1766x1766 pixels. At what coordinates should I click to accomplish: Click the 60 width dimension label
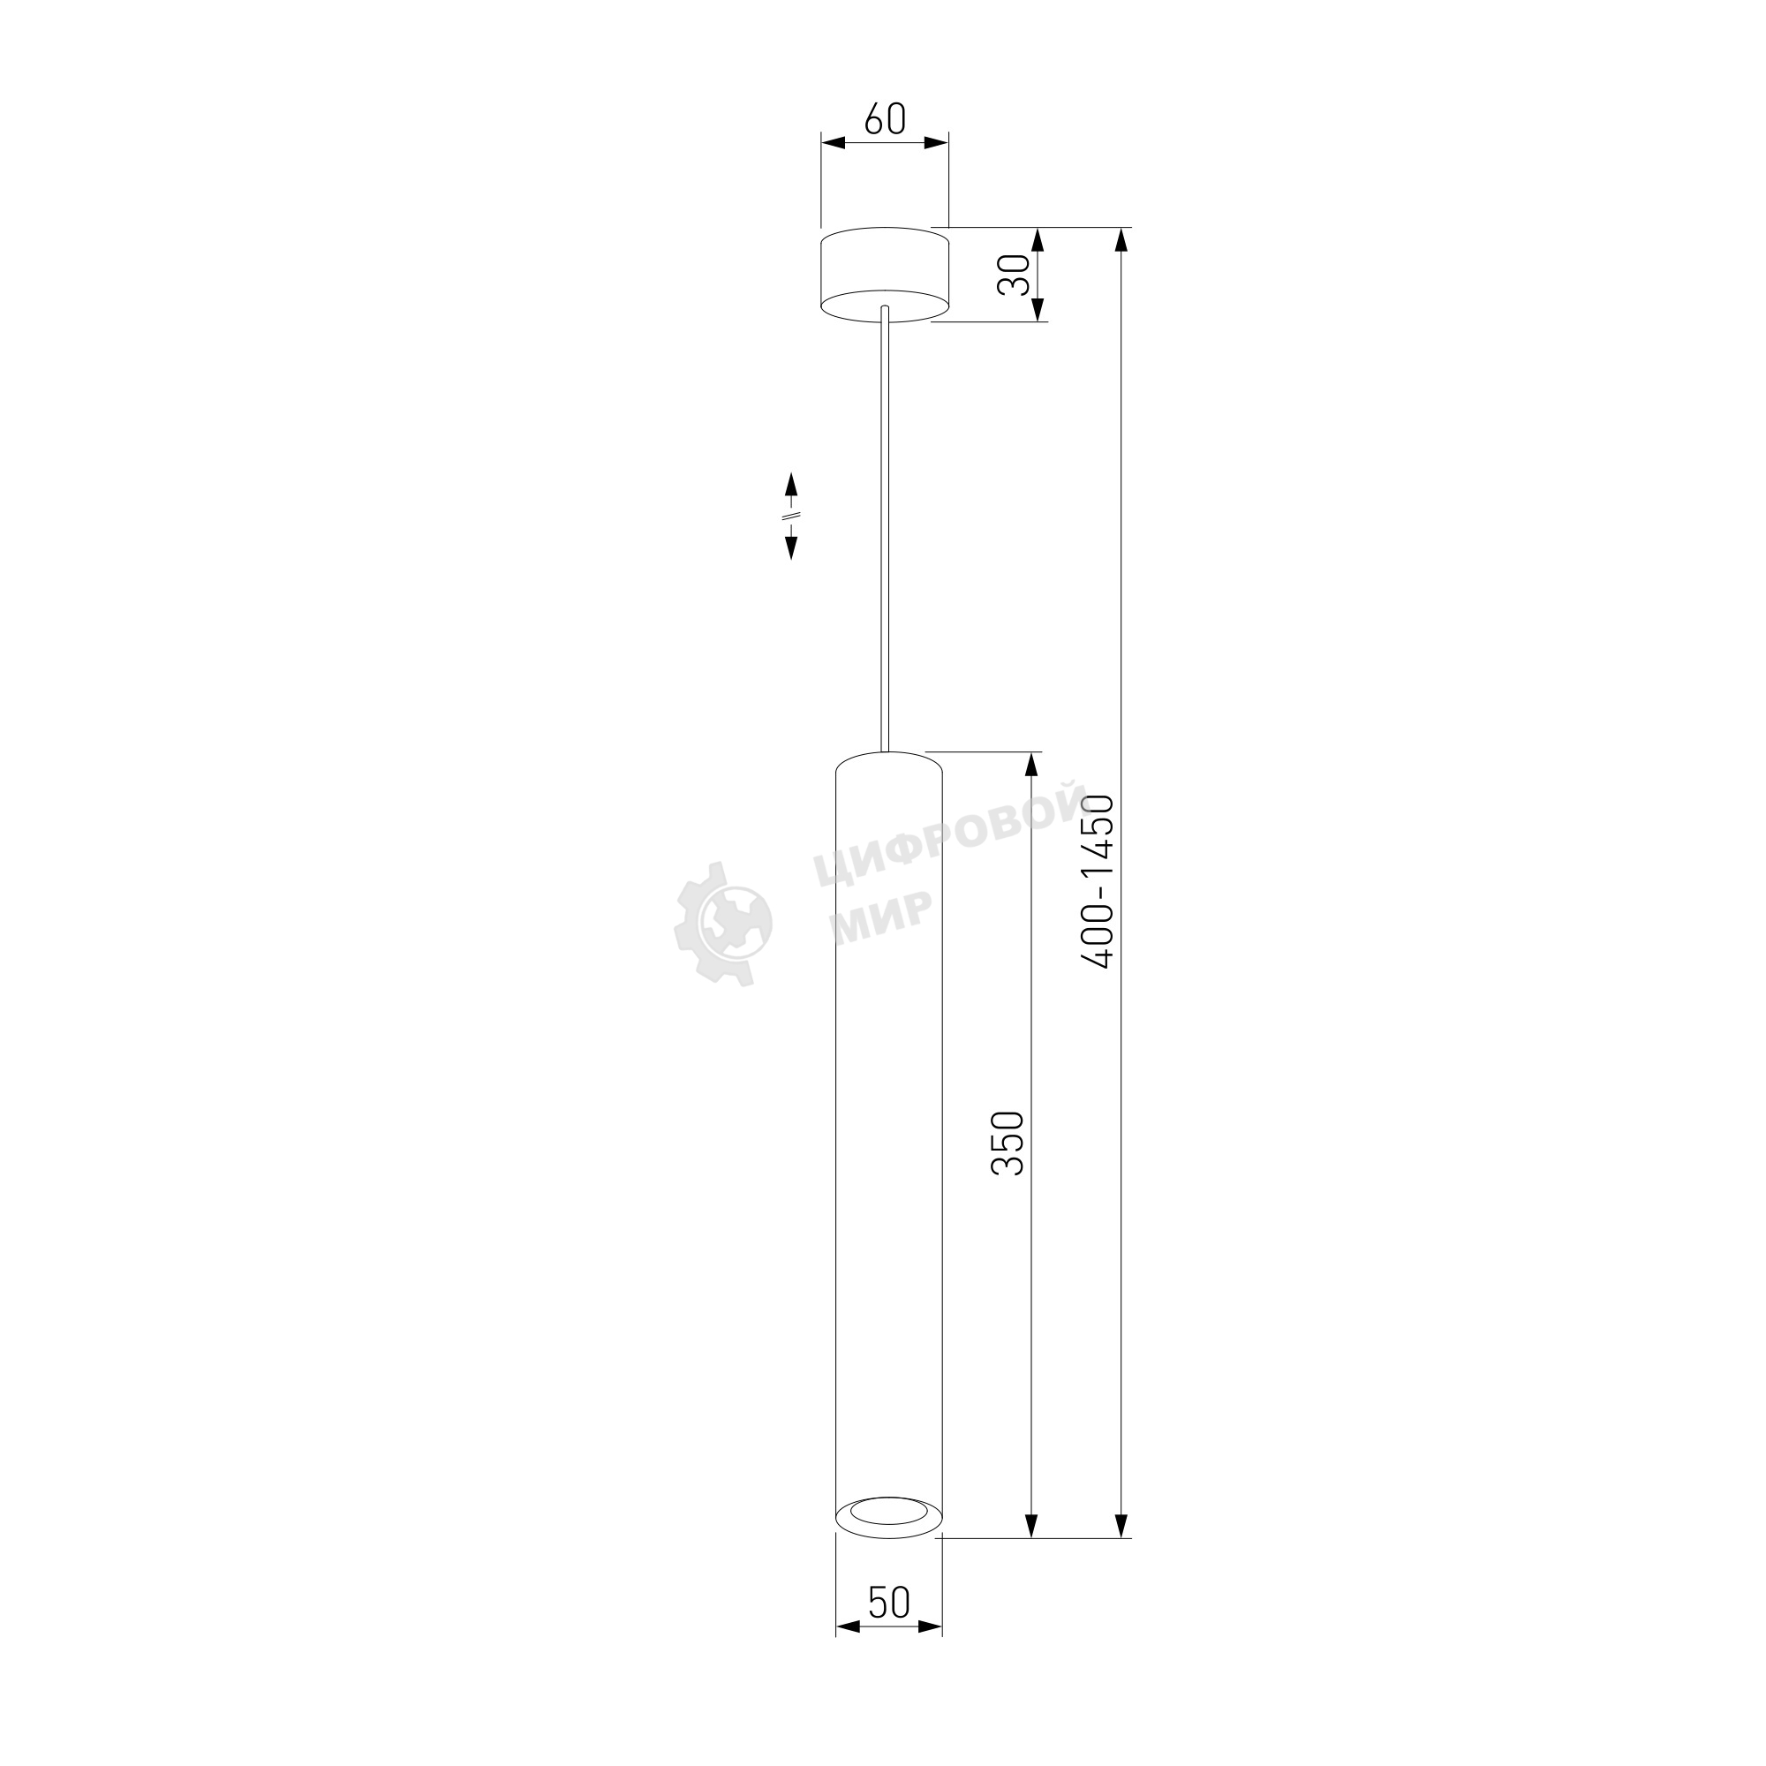[885, 119]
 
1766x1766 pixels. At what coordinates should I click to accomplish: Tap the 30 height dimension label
[1013, 275]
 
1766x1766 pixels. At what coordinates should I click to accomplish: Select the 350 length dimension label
[1008, 1143]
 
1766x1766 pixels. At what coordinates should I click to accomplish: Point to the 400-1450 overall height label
[1097, 881]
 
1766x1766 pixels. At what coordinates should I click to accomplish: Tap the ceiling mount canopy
[885, 275]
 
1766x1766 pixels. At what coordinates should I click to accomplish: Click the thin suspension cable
[885, 528]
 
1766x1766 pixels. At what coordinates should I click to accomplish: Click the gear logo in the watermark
[723, 923]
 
